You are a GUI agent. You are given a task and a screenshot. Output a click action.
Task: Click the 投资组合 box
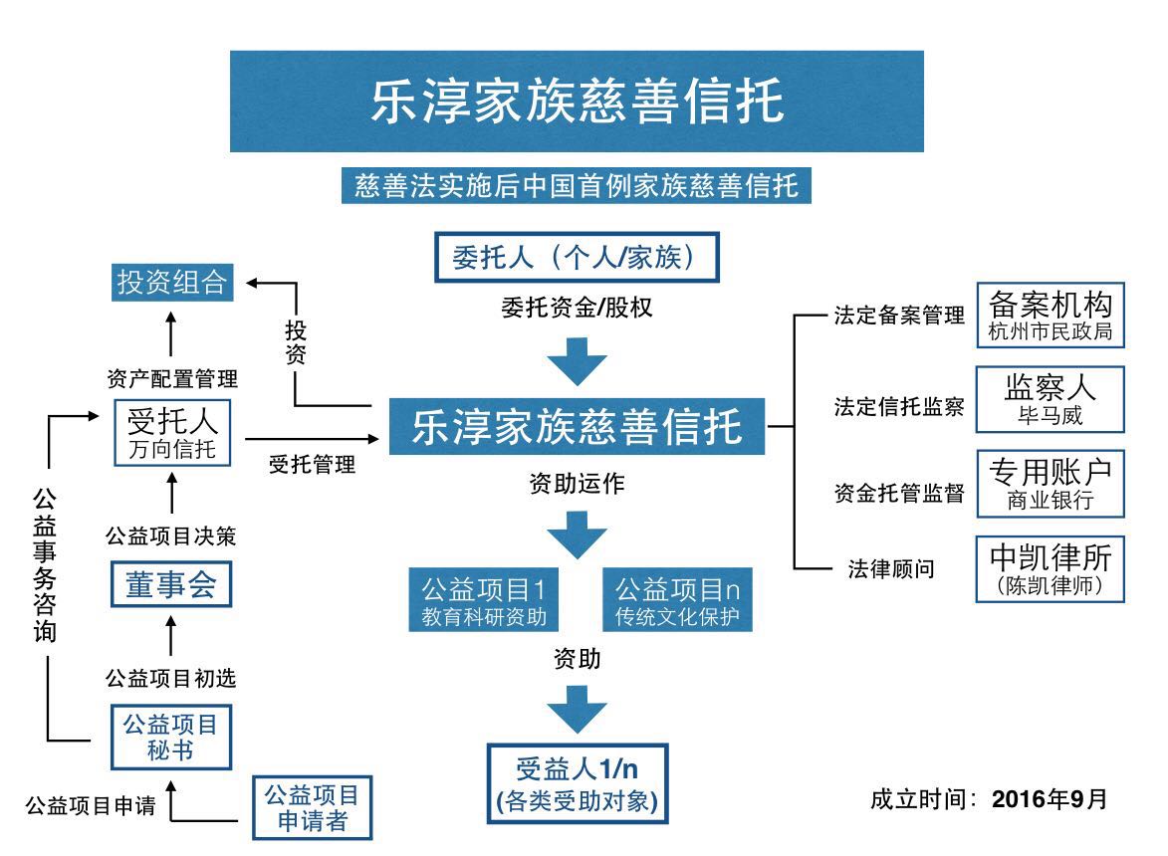click(x=170, y=283)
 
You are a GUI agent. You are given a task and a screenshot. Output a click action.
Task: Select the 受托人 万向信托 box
click(x=171, y=432)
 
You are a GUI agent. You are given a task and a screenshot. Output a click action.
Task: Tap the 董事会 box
click(x=170, y=584)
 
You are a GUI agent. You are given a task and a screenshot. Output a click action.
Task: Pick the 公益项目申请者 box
click(x=312, y=807)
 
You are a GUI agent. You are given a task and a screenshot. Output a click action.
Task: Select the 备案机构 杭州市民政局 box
click(x=1051, y=316)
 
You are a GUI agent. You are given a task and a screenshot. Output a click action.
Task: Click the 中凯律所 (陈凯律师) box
click(x=1051, y=568)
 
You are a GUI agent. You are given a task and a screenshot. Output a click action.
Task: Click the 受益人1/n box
click(x=578, y=782)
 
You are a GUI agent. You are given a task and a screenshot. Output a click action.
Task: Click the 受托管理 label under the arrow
click(x=312, y=464)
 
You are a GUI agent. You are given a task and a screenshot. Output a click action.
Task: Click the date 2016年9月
click(x=1050, y=799)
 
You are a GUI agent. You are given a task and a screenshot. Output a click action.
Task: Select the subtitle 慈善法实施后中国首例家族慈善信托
click(x=577, y=185)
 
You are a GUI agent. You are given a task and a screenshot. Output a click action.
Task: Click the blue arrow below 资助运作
click(x=578, y=535)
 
